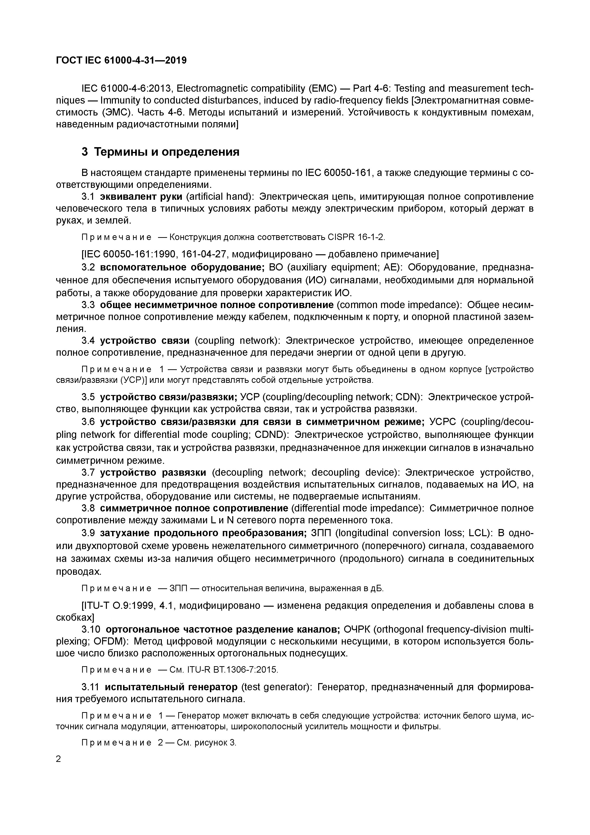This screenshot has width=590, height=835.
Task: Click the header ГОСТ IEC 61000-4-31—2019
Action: pos(121,60)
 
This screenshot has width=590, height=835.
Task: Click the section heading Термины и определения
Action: pos(167,152)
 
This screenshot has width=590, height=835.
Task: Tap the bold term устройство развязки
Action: pos(153,472)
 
